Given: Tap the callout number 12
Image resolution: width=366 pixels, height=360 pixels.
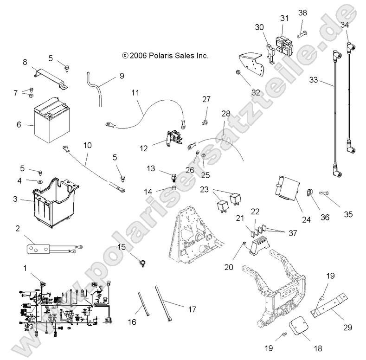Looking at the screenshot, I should [144, 148].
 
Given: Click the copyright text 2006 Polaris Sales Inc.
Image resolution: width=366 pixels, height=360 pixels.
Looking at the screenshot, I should [159, 55].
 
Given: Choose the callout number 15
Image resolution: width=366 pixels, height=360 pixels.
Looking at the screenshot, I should [121, 246].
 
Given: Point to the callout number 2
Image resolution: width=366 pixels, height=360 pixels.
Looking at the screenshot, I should [18, 228].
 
